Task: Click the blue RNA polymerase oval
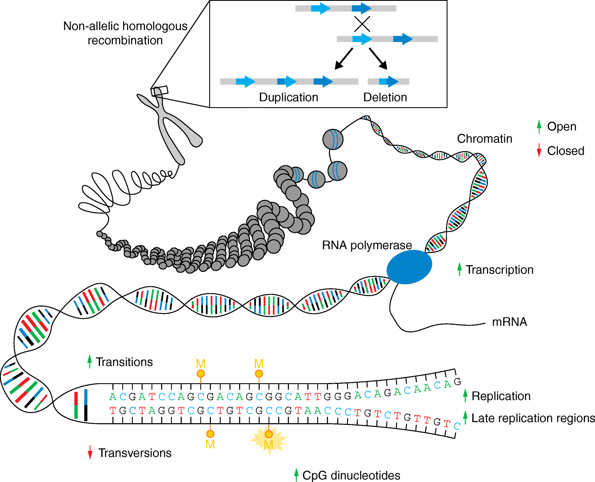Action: (x=409, y=267)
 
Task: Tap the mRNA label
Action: (x=509, y=322)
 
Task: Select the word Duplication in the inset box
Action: (x=288, y=97)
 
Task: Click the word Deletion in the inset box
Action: (x=385, y=97)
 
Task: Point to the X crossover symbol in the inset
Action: (x=362, y=24)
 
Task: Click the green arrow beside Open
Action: (x=539, y=126)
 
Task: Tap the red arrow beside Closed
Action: (x=539, y=150)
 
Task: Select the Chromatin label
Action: (x=484, y=139)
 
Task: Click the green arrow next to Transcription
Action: (x=460, y=269)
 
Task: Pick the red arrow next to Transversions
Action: (x=90, y=453)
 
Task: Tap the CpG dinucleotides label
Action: (x=351, y=475)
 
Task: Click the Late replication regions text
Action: (x=533, y=418)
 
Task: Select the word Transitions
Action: (x=124, y=362)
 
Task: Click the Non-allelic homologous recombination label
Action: (x=125, y=33)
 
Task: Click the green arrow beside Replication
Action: (x=465, y=395)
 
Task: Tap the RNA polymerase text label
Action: (x=366, y=245)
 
